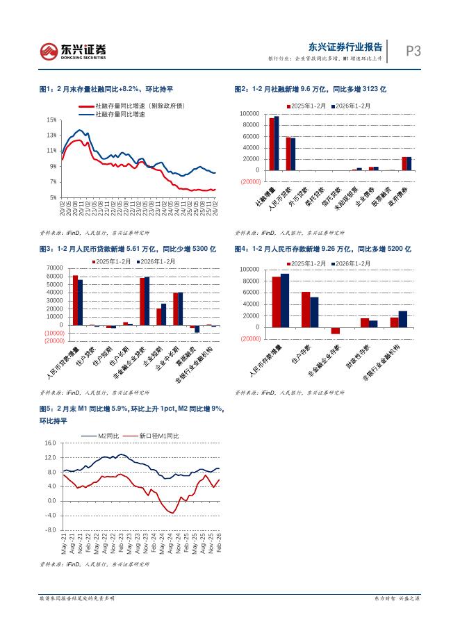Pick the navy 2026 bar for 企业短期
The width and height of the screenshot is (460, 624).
tap(164, 314)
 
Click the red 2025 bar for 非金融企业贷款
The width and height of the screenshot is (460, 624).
tap(142, 302)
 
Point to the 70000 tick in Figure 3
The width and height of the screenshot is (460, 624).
tap(53, 268)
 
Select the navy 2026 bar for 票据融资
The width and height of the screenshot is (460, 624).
tap(197, 329)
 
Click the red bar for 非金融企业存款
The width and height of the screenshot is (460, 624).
tap(336, 330)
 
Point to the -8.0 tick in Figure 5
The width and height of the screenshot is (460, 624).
tap(49, 530)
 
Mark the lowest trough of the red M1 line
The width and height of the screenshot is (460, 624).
tap(173, 513)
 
